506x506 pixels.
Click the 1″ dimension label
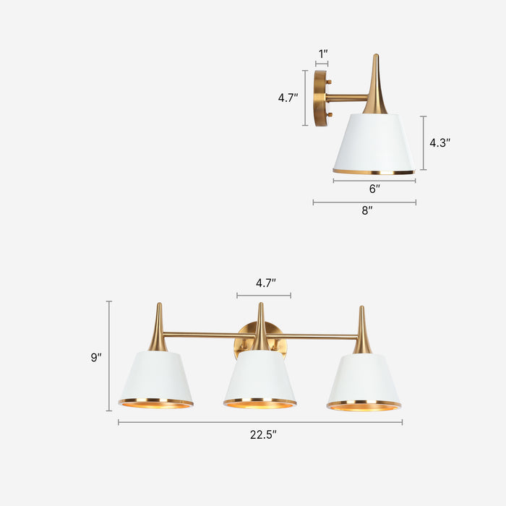pyautogui.click(x=322, y=53)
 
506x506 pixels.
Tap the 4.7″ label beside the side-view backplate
pyautogui.click(x=288, y=98)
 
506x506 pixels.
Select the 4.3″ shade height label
pyautogui.click(x=439, y=143)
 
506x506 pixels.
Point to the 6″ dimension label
pyautogui.click(x=374, y=189)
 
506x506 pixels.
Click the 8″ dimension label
pyautogui.click(x=367, y=210)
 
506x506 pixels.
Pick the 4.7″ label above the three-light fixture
pyautogui.click(x=265, y=283)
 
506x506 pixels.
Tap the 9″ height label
pyautogui.click(x=96, y=357)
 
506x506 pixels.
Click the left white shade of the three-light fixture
pyautogui.click(x=156, y=376)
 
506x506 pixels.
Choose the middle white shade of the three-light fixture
pyautogui.click(x=260, y=376)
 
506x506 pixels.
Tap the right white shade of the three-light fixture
pyautogui.click(x=364, y=378)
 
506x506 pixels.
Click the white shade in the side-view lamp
pyautogui.click(x=374, y=142)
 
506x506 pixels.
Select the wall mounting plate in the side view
pyautogui.click(x=320, y=98)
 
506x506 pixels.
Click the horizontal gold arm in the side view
pyautogui.click(x=347, y=98)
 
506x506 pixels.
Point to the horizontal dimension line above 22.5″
pyautogui.click(x=260, y=422)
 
